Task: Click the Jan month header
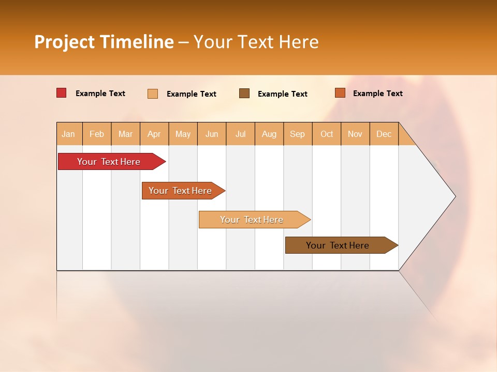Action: pyautogui.click(x=68, y=134)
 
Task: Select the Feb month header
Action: pyautogui.click(x=97, y=134)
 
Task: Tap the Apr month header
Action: pyautogui.click(x=154, y=134)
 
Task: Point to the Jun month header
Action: pyautogui.click(x=212, y=134)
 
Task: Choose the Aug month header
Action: pyautogui.click(x=269, y=134)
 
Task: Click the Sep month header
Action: pyautogui.click(x=298, y=134)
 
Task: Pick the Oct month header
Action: pyautogui.click(x=327, y=134)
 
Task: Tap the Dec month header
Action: pyautogui.click(x=384, y=134)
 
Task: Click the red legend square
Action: pyautogui.click(x=61, y=93)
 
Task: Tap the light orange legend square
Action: pyautogui.click(x=153, y=94)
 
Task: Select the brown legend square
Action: pyautogui.click(x=244, y=94)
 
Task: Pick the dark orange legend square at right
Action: pyautogui.click(x=340, y=93)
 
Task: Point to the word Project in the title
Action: pyautogui.click(x=64, y=42)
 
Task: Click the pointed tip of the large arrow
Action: pyautogui.click(x=454, y=196)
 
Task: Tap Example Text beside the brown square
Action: pyautogui.click(x=282, y=94)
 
